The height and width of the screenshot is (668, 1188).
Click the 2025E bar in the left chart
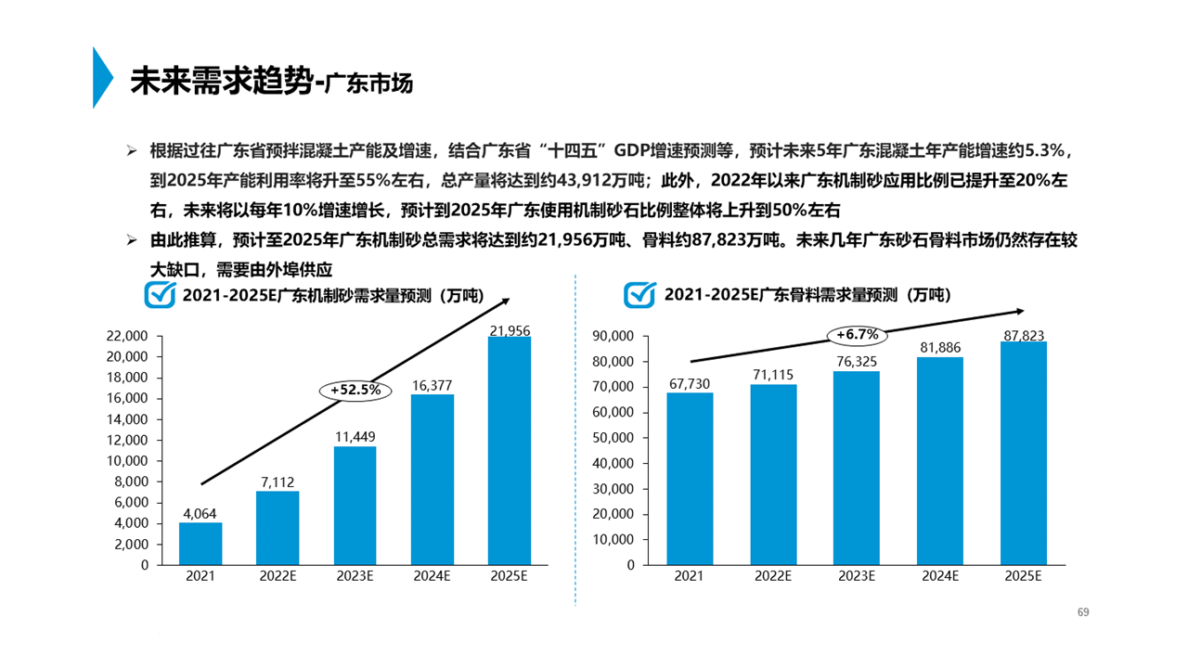[x=510, y=450]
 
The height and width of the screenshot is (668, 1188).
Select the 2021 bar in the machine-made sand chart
[x=200, y=544]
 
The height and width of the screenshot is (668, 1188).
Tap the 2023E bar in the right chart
[x=857, y=468]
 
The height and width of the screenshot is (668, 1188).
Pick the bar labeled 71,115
[x=773, y=474]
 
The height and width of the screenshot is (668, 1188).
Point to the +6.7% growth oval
[x=857, y=334]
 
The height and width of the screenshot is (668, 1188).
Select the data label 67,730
[x=690, y=382]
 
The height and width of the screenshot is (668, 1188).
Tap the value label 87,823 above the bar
[x=1024, y=336]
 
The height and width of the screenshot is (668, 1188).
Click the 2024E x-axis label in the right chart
[x=940, y=576]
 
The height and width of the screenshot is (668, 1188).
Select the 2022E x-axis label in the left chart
[x=278, y=576]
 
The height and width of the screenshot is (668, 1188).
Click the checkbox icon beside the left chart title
[x=161, y=294]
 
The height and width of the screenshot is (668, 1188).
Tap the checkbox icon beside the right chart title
[x=640, y=294]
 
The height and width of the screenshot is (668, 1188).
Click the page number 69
[x=1082, y=612]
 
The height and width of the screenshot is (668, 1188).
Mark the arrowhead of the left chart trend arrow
[x=507, y=300]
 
